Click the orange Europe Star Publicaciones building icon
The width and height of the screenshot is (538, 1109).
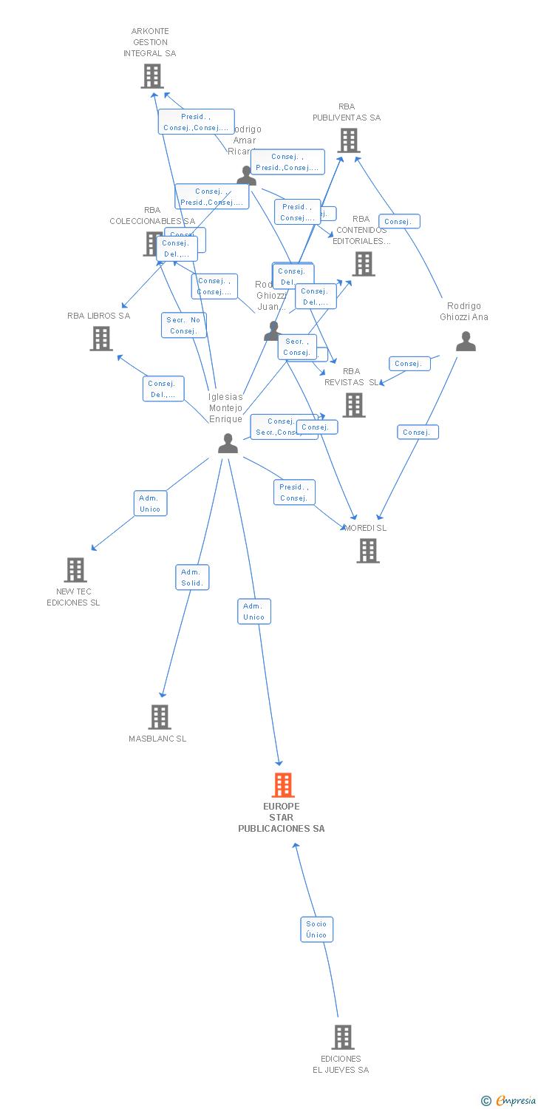tap(283, 785)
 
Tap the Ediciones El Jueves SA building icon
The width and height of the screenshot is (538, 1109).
tap(342, 1037)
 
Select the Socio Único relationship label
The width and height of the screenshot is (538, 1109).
tap(316, 929)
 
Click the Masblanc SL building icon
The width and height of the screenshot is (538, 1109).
tap(160, 716)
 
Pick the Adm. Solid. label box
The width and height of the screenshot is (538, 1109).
tap(192, 577)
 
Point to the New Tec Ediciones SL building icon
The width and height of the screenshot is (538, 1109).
tap(75, 570)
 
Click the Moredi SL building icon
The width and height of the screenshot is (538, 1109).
tap(368, 550)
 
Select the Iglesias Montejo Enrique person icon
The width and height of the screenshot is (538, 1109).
tap(228, 444)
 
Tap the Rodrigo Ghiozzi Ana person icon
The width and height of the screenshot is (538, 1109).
tap(466, 341)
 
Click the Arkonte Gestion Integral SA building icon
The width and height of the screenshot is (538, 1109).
tap(152, 76)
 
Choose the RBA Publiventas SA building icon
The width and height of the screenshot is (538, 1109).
tap(349, 140)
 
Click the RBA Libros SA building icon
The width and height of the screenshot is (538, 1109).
tap(101, 338)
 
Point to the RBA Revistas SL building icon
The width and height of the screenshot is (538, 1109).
tap(354, 404)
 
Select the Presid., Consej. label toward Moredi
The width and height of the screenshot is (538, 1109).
tap(294, 492)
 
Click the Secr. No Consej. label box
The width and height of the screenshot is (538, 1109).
tap(183, 325)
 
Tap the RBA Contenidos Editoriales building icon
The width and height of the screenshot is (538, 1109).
tap(363, 264)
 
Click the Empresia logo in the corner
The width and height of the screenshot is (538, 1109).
tap(509, 1100)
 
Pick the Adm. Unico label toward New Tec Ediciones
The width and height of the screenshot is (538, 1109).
tap(150, 503)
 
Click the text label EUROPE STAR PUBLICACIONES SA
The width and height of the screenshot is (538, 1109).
tap(281, 818)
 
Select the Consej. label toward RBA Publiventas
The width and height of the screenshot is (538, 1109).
tap(399, 222)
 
